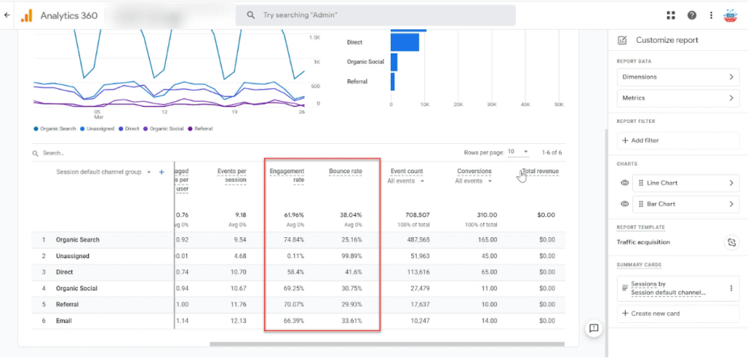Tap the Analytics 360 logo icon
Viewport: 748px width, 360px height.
coord(26,15)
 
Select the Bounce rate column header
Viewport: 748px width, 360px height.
coord(345,172)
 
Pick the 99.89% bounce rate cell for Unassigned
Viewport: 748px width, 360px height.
coord(351,256)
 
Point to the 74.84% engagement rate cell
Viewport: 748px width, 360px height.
coord(292,239)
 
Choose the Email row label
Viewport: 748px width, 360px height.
coord(65,321)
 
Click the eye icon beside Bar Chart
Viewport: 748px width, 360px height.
coord(624,205)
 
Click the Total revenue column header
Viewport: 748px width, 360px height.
coord(541,172)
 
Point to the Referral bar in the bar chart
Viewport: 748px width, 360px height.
coord(393,82)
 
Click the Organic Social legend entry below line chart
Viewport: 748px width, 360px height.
coord(165,129)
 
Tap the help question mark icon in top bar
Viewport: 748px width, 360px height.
coord(692,15)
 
